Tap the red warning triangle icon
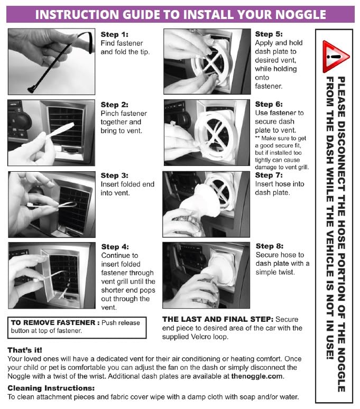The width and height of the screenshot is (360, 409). [336, 57]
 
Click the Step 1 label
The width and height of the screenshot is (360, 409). [115, 34]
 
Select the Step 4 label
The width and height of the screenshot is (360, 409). [115, 247]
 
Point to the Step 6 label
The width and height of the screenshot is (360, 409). [269, 104]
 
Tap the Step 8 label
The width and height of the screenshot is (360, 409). [270, 246]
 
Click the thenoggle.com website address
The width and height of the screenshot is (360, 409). [257, 376]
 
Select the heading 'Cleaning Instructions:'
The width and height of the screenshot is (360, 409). [51, 388]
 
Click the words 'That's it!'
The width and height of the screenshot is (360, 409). [25, 350]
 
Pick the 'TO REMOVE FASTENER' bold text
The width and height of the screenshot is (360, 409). [53, 323]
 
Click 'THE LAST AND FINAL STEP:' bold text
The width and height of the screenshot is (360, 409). [218, 319]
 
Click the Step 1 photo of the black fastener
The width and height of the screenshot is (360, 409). [51, 61]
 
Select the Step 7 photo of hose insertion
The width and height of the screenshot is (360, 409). [206, 204]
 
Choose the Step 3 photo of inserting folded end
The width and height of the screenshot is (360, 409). [52, 204]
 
